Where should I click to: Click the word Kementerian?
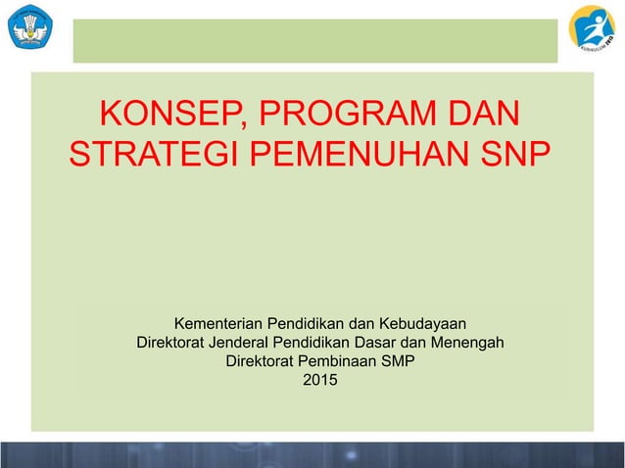[x=219, y=323]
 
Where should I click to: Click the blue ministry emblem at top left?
[x=30, y=26]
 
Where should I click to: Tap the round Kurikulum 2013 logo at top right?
[x=592, y=29]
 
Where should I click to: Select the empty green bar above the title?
[x=314, y=41]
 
